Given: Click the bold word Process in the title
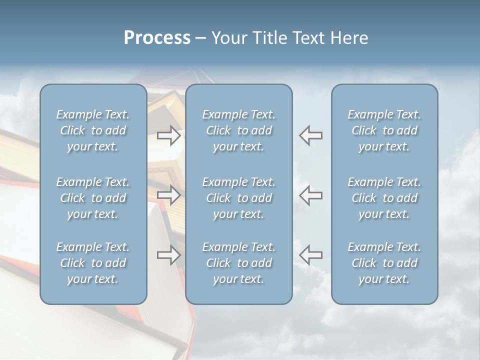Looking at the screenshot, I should click(157, 38).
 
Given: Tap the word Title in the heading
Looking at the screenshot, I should click(269, 38).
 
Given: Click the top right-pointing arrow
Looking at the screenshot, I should click(169, 135).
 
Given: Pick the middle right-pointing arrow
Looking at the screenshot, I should click(169, 195).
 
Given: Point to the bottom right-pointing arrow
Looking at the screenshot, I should click(169, 255).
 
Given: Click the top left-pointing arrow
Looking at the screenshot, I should click(311, 135).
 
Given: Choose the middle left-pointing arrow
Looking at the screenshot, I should click(311, 195).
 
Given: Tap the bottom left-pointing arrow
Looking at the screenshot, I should click(311, 255).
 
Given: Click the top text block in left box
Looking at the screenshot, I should click(93, 130).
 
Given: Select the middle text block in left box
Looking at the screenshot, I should click(93, 198).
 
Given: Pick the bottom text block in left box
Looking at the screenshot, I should click(93, 263).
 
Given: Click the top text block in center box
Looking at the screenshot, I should click(239, 130).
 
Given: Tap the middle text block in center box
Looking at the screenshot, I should click(239, 198).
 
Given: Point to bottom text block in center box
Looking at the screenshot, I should click(239, 263).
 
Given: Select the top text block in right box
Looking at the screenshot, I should click(384, 130).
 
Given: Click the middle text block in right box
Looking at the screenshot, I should click(384, 198).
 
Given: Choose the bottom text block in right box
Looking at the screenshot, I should click(384, 263).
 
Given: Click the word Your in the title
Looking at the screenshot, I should click(229, 38).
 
